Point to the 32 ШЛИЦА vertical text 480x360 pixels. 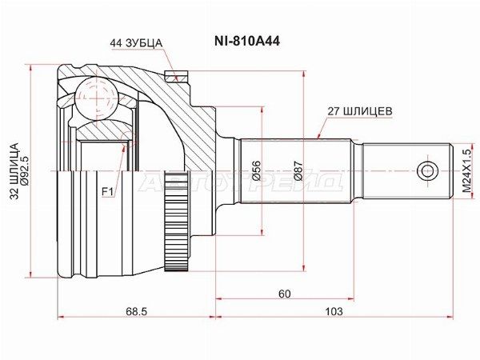pyautogui.click(x=13, y=175)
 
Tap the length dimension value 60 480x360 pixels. pyautogui.click(x=284, y=294)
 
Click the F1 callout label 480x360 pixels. pyautogui.click(x=107, y=190)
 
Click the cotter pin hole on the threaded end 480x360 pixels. pyautogui.click(x=428, y=170)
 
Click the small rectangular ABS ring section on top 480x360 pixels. pyautogui.click(x=175, y=78)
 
